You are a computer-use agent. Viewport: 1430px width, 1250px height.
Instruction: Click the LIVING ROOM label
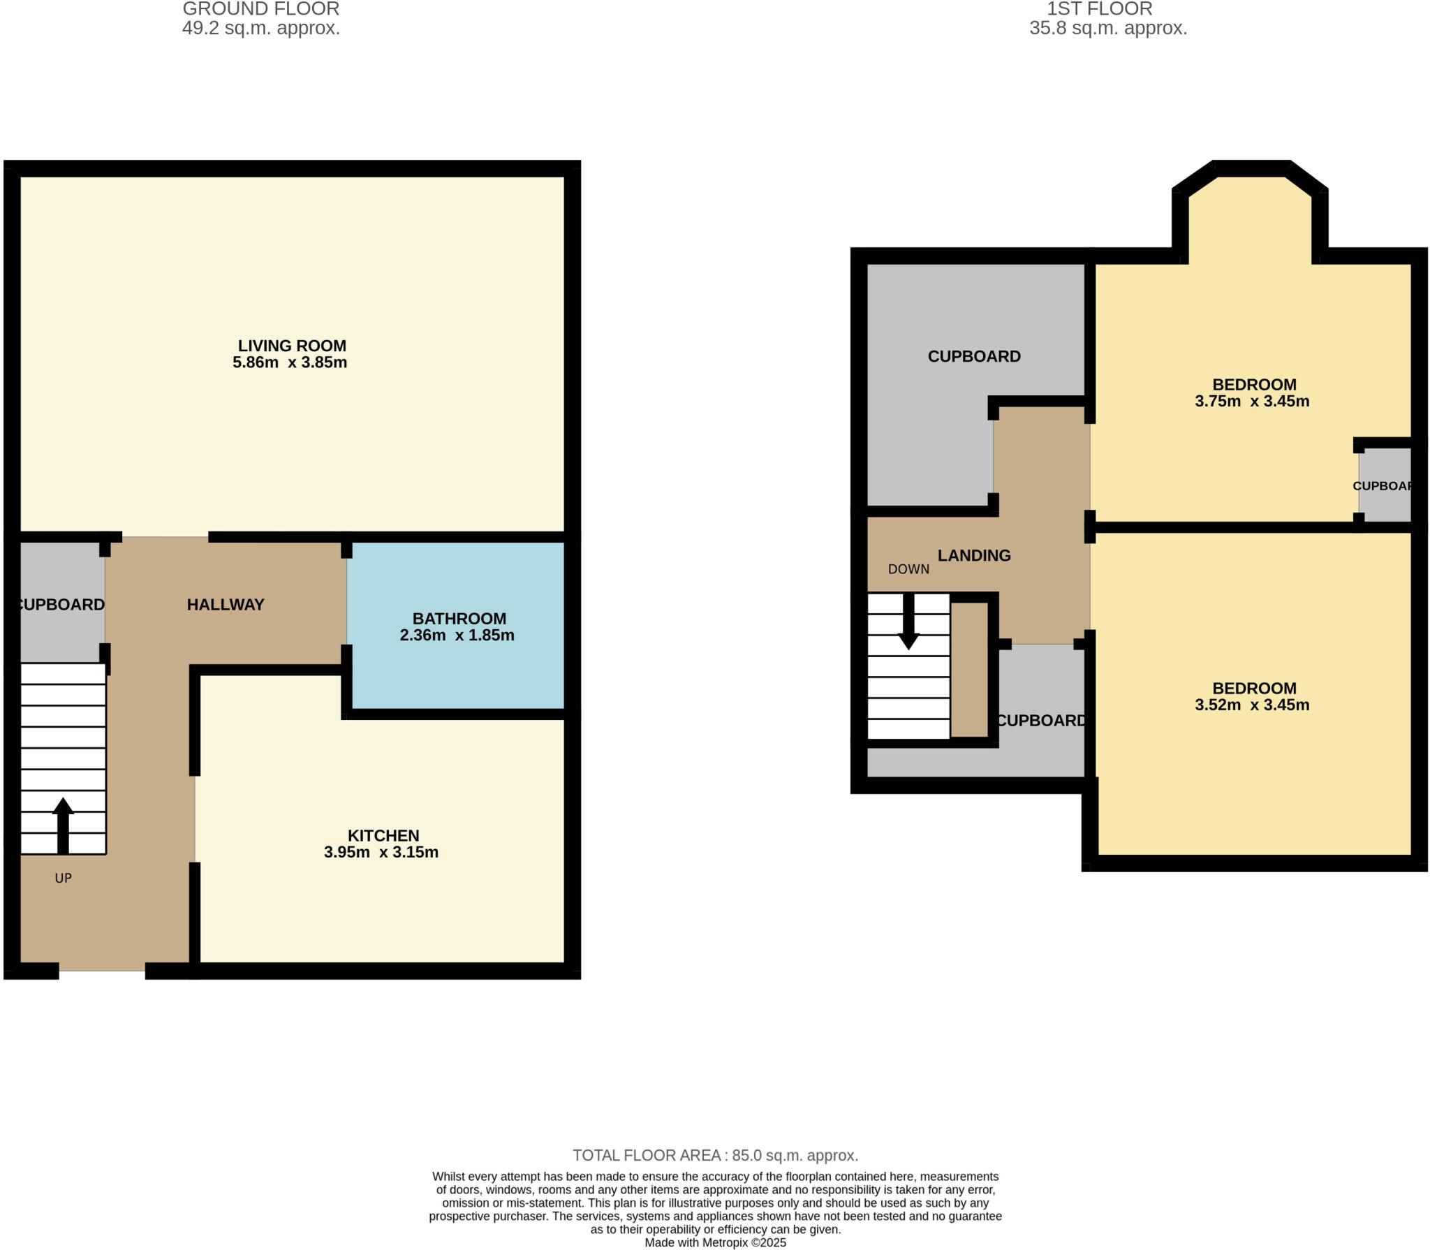click(x=292, y=346)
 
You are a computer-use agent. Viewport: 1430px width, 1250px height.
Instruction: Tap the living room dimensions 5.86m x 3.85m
click(x=290, y=362)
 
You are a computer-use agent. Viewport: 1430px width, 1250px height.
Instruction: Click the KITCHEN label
click(x=383, y=835)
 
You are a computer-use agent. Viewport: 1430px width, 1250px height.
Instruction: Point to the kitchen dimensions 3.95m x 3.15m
click(x=381, y=852)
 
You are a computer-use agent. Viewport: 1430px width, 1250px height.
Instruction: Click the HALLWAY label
click(x=226, y=605)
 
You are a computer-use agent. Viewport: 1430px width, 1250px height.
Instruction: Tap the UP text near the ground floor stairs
click(x=63, y=878)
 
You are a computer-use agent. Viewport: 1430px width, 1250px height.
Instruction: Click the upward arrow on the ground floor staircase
click(x=63, y=824)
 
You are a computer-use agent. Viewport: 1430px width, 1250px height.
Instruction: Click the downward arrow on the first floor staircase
click(x=908, y=622)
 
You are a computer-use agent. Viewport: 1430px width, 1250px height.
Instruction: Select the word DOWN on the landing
click(x=908, y=569)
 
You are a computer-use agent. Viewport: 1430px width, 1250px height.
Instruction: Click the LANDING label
click(x=974, y=556)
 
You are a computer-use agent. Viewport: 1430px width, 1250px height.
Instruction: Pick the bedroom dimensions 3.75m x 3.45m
click(x=1252, y=402)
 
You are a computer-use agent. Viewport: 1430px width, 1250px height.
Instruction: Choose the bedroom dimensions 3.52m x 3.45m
click(x=1252, y=705)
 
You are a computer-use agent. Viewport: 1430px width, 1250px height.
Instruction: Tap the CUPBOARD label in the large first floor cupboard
click(x=974, y=357)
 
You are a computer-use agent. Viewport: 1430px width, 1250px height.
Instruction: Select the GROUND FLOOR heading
click(x=261, y=9)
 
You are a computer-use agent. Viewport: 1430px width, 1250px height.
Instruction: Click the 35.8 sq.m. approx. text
click(x=1108, y=29)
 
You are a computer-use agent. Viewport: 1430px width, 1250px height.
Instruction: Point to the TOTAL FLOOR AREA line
click(x=715, y=1155)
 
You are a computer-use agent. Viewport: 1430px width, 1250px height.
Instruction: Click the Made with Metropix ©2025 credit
click(x=715, y=1243)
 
